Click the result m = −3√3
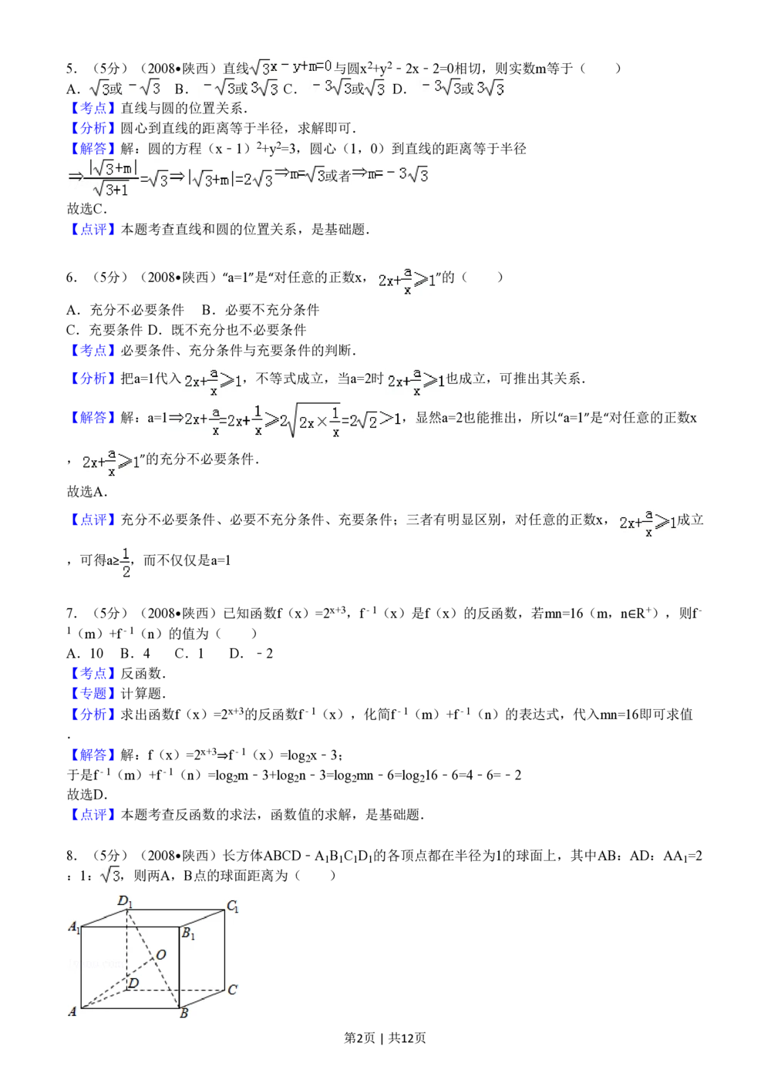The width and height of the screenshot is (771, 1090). click(391, 174)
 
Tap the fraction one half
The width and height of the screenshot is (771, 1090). click(126, 561)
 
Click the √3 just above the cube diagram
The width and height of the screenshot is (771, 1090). click(111, 875)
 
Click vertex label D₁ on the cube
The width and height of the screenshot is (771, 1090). click(125, 901)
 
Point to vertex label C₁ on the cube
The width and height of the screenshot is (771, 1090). click(232, 907)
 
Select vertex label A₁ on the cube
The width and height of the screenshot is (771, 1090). click(74, 927)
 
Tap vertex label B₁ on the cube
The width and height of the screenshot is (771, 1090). click(187, 934)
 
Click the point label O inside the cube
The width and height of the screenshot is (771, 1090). click(161, 955)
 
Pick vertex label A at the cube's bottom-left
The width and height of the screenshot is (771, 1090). click(72, 1011)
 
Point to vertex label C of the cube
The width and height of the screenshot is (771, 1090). click(232, 990)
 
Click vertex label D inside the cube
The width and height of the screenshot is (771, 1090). click(133, 983)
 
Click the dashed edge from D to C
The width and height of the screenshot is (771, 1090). click(177, 990)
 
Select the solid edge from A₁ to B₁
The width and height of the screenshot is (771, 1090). click(130, 927)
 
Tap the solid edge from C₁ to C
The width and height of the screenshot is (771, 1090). click(225, 950)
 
